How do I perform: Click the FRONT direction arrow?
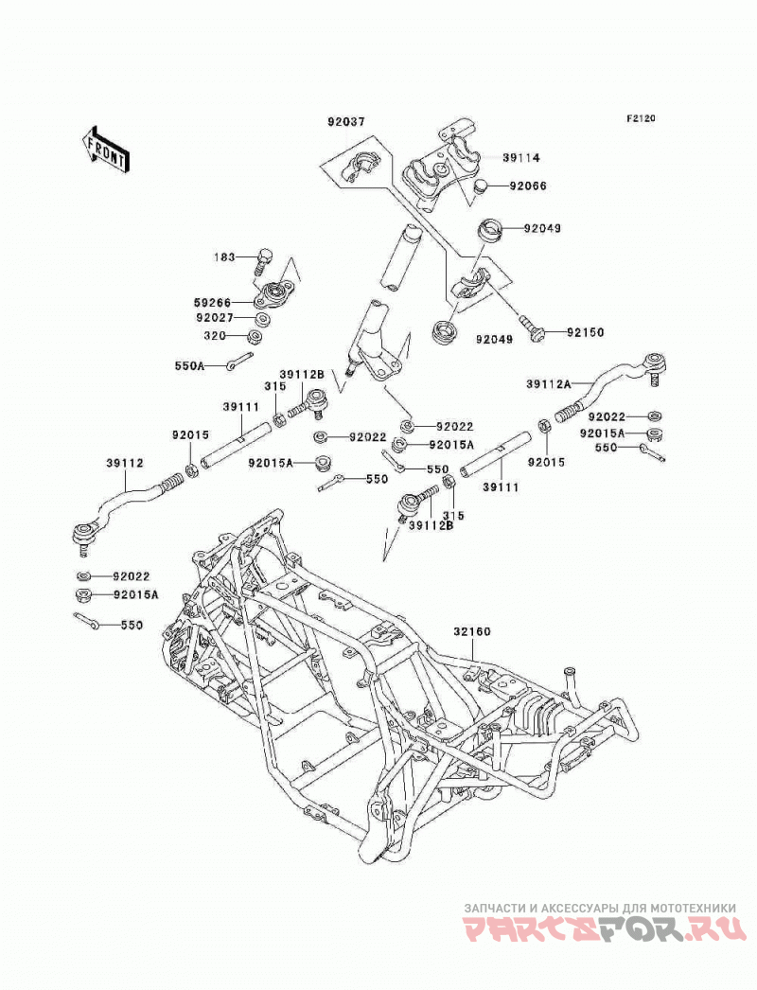coord(105,149)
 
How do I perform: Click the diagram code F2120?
coord(641,118)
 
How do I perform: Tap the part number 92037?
coord(346,121)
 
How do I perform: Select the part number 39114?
coord(521,157)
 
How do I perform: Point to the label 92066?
coord(528,186)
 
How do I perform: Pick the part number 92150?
coord(586,332)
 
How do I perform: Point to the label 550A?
coord(190,365)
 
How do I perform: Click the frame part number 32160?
coord(471,632)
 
